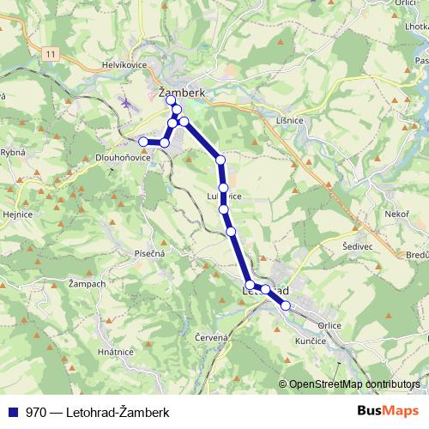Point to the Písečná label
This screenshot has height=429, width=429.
[148, 253]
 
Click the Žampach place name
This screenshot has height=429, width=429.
[87, 283]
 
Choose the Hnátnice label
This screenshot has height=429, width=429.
[115, 352]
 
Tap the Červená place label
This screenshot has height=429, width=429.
[211, 338]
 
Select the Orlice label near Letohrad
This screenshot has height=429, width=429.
[329, 325]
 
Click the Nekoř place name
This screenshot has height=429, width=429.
[396, 214]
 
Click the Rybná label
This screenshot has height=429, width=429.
[14, 152]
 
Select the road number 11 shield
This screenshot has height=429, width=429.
[51, 54]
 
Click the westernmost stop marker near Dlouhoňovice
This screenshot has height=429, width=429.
[143, 142]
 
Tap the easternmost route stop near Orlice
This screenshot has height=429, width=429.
[286, 305]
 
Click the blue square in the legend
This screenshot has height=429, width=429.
[13, 412]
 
